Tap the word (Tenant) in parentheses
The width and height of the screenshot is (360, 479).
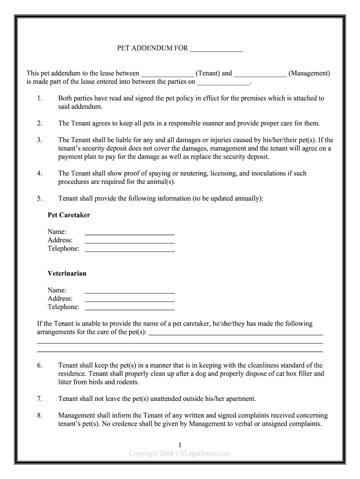click(208, 73)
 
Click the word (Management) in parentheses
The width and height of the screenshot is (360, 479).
click(309, 73)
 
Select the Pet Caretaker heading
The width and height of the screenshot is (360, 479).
click(69, 215)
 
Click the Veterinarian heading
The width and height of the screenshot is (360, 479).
click(67, 274)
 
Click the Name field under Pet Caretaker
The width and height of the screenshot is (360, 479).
click(130, 233)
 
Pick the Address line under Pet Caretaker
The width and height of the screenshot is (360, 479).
click(130, 241)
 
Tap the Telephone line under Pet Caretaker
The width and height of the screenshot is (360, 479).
click(130, 250)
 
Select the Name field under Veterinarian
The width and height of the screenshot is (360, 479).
click(130, 291)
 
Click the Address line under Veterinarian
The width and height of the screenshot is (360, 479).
click(130, 300)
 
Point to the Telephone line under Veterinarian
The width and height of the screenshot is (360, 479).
click(130, 308)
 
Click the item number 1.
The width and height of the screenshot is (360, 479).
click(39, 98)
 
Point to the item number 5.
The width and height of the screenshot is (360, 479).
click(39, 198)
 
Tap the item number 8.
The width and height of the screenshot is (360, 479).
click(39, 415)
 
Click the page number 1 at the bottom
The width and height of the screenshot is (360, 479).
click(180, 445)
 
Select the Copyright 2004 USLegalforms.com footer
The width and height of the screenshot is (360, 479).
click(180, 453)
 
